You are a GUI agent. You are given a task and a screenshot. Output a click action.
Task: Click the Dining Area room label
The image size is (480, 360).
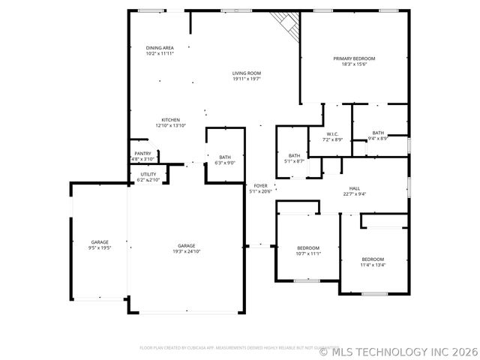click(160, 47)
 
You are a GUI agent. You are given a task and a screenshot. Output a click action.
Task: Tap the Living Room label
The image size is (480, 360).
click(246, 73)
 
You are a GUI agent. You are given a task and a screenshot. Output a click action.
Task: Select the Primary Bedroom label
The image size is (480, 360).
click(354, 58)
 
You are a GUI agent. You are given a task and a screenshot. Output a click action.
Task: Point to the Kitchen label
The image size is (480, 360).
click(170, 120)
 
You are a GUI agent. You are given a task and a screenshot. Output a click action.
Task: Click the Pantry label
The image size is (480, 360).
click(142, 154)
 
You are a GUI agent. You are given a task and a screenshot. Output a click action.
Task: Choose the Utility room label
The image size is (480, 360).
click(148, 175)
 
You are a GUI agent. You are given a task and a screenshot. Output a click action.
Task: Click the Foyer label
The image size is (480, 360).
click(260, 185)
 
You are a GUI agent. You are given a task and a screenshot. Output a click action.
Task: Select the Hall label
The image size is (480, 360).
click(355, 188)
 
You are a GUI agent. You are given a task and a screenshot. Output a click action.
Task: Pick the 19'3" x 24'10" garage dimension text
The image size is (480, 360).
click(186, 251)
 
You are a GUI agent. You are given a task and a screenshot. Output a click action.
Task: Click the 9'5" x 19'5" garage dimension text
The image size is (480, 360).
click(100, 247)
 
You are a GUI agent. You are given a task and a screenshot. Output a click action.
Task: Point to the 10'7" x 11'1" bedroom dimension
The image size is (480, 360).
click(308, 253)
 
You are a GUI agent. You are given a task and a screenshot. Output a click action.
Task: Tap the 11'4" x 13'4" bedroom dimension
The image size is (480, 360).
click(373, 265)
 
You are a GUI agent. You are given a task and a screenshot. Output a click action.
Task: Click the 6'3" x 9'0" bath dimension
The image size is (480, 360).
click(225, 163)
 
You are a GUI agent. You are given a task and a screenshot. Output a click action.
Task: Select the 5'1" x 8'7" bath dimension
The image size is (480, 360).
click(294, 161)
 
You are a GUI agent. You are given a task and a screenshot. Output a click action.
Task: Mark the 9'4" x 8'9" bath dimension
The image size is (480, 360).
click(378, 138)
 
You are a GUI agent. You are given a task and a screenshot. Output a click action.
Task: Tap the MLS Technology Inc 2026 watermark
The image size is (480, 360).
click(398, 350)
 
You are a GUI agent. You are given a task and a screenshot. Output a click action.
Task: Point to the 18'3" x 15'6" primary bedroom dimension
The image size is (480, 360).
click(354, 64)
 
